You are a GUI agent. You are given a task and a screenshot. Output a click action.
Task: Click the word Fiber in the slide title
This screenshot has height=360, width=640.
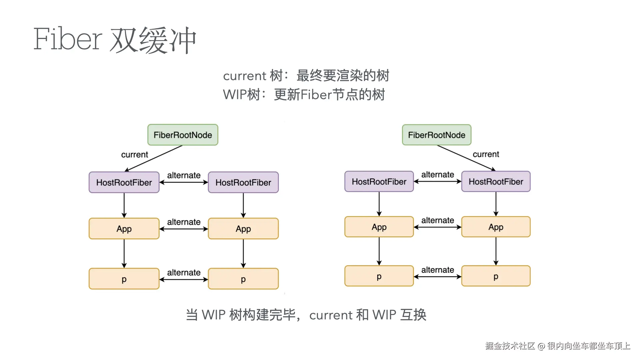click(68, 39)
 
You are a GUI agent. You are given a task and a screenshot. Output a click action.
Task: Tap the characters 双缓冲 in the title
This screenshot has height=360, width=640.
click(153, 40)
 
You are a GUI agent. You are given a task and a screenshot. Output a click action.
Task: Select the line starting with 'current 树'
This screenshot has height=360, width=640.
click(306, 76)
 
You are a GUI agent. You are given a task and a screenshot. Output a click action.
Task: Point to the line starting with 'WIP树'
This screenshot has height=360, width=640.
click(304, 95)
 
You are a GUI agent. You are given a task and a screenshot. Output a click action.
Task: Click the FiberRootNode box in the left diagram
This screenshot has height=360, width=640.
click(183, 135)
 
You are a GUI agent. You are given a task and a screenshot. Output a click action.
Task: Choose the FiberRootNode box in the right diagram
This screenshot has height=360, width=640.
click(437, 135)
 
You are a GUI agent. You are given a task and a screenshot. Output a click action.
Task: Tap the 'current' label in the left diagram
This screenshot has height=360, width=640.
click(134, 155)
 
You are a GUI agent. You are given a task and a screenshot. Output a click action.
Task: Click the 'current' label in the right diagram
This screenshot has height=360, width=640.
click(486, 154)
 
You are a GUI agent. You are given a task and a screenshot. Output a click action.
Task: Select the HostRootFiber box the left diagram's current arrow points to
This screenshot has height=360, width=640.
click(124, 182)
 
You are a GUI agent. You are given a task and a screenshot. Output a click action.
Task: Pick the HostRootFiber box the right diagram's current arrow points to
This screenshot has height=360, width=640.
click(496, 182)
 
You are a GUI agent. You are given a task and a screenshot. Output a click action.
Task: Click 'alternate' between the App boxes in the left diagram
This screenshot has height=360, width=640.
click(184, 222)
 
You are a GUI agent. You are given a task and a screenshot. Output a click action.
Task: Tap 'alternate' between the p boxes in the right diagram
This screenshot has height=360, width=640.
click(438, 270)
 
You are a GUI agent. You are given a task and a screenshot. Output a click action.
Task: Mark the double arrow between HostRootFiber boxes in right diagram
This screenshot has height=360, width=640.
click(438, 182)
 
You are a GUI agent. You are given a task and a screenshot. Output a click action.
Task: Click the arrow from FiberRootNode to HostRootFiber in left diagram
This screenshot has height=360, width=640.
click(153, 159)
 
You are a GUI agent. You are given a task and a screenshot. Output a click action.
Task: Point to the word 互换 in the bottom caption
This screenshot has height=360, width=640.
click(413, 315)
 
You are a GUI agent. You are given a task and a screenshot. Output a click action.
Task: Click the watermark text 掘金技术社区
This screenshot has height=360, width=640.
click(510, 346)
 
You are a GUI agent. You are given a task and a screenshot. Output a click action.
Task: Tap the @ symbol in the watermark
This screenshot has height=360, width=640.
click(541, 346)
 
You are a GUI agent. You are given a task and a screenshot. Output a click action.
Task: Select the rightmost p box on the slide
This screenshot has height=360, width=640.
click(496, 276)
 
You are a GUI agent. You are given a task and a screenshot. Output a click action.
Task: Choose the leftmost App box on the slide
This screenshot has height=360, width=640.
click(124, 229)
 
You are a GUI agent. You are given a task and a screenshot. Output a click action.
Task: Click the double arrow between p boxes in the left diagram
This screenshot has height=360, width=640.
click(184, 279)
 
